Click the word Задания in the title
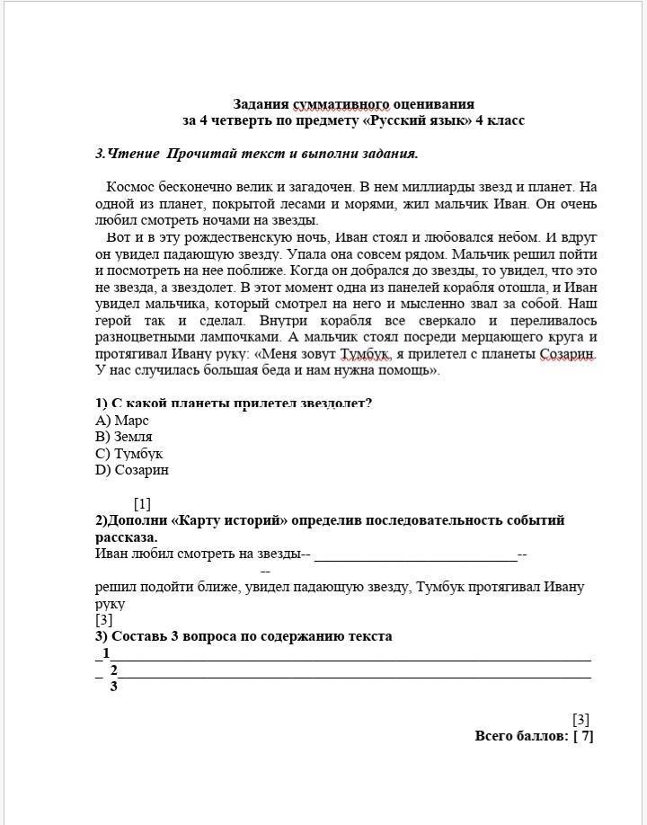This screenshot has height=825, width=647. click(x=260, y=104)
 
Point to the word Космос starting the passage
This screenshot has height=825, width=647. click(x=130, y=187)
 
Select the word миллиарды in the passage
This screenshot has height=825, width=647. click(x=419, y=187)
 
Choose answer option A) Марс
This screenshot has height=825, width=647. click(x=122, y=420)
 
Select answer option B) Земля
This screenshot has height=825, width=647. click(x=124, y=437)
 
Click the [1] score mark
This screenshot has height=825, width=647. click(x=142, y=504)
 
